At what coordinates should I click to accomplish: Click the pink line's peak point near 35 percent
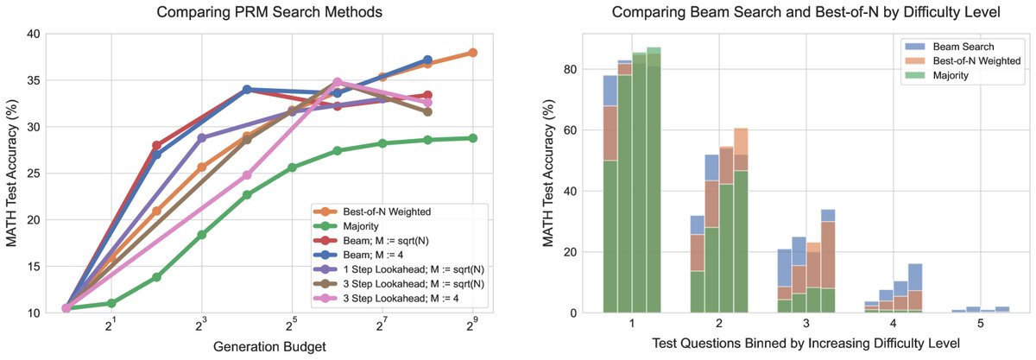coord(338,82)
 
